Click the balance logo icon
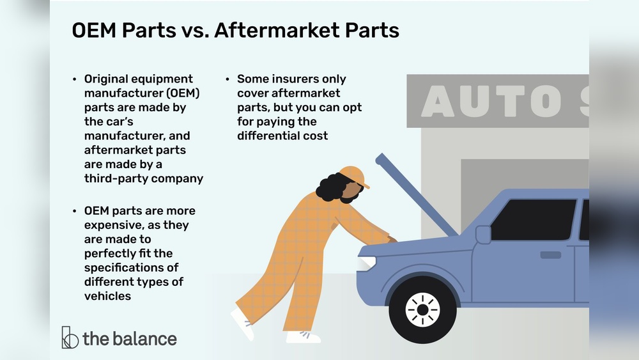point(70,338)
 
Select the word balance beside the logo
point(144,338)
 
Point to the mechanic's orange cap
point(354,176)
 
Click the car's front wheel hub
point(422,310)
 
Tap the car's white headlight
point(366,263)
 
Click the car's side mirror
point(483,235)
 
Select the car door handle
point(550,254)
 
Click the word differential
point(268,136)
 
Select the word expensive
point(112,225)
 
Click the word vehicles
point(107,295)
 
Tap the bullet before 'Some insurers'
point(227,79)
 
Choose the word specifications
point(123,267)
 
